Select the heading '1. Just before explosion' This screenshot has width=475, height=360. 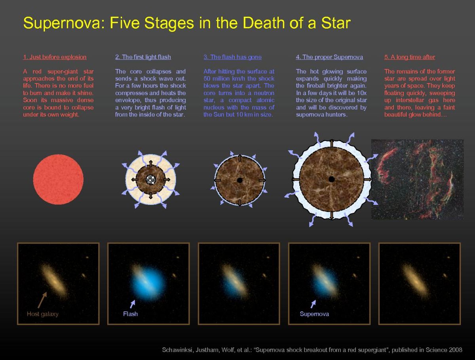(55, 57)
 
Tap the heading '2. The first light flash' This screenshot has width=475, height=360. (143, 57)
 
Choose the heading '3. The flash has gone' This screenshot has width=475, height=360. (232, 57)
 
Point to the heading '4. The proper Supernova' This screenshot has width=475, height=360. (329, 57)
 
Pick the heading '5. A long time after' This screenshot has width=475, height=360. (409, 57)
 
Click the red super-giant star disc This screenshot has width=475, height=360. (58, 179)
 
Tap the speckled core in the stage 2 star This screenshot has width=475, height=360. (150, 179)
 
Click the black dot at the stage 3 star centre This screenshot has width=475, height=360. (239, 180)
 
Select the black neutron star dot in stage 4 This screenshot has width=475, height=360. (331, 179)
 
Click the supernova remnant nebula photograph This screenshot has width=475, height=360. (417, 179)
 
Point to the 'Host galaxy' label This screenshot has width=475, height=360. (42, 314)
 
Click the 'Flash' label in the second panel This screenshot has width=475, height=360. (130, 314)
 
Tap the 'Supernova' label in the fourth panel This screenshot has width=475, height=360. (314, 314)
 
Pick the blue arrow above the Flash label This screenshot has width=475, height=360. (133, 304)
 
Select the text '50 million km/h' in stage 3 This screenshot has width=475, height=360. (222, 79)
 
